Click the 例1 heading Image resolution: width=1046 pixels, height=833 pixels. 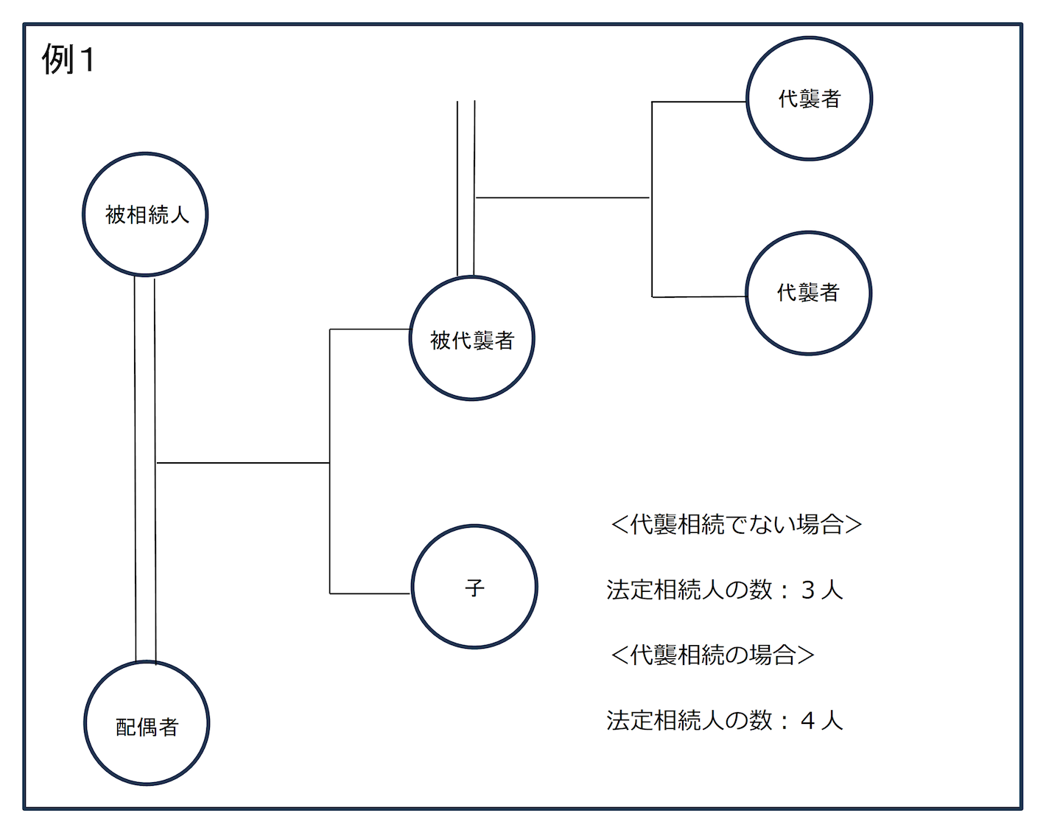(68, 59)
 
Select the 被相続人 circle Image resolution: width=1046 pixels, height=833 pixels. (145, 215)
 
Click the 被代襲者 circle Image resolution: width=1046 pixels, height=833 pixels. (471, 339)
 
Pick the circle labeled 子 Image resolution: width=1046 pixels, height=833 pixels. (474, 587)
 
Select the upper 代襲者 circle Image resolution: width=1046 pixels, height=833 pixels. (809, 98)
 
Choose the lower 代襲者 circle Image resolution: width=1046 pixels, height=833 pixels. (808, 293)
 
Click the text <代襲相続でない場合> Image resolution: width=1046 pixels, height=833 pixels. (736, 524)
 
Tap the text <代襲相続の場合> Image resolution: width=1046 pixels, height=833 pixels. (712, 655)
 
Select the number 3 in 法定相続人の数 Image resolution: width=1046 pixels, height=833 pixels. (807, 590)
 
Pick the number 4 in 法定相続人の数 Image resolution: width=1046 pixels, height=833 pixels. (807, 720)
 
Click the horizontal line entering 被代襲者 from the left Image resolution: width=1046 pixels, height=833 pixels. (369, 329)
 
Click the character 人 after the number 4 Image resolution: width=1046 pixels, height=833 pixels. (832, 720)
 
